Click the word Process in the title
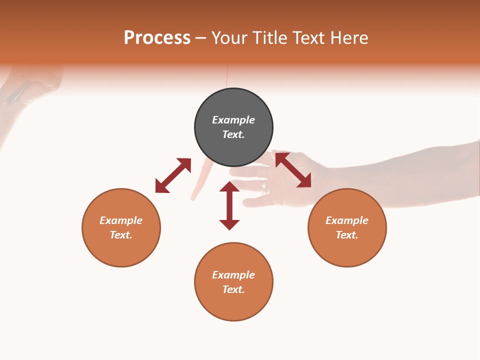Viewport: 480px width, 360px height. click(157, 38)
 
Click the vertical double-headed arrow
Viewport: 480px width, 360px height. click(229, 205)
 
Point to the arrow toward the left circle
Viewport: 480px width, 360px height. click(173, 175)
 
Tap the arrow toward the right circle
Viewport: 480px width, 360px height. click(293, 170)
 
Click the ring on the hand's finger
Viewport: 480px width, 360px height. click(263, 187)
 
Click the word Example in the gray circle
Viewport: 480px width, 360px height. click(233, 120)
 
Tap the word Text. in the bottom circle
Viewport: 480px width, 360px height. click(233, 289)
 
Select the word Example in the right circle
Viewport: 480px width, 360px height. click(347, 220)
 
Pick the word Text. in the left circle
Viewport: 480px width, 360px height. click(121, 235)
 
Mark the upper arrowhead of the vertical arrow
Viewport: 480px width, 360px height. click(229, 187)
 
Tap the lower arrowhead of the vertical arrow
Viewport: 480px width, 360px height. click(229, 224)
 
